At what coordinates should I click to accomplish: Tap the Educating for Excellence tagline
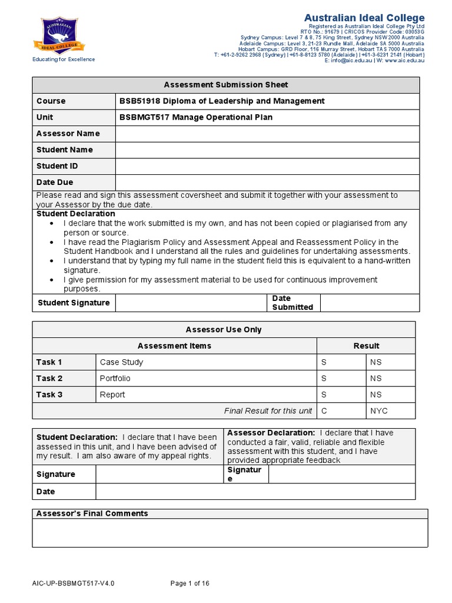(63, 59)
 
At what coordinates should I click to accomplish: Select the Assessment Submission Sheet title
(226, 85)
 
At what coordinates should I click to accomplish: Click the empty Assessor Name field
(267, 134)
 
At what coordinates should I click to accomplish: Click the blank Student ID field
(267, 166)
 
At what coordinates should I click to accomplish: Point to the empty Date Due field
(267, 183)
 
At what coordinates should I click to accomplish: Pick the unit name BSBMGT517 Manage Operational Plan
(196, 117)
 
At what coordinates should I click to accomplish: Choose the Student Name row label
(65, 150)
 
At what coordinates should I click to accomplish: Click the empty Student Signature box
(191, 303)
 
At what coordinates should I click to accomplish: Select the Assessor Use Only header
(224, 330)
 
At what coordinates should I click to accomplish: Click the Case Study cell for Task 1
(121, 362)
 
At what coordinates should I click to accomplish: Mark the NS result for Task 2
(375, 379)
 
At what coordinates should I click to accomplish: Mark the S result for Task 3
(324, 395)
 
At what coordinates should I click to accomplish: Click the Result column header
(366, 346)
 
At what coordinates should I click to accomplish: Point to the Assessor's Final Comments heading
(92, 513)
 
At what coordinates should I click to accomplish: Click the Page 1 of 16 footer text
(190, 584)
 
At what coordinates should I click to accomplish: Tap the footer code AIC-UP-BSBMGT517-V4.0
(73, 584)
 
